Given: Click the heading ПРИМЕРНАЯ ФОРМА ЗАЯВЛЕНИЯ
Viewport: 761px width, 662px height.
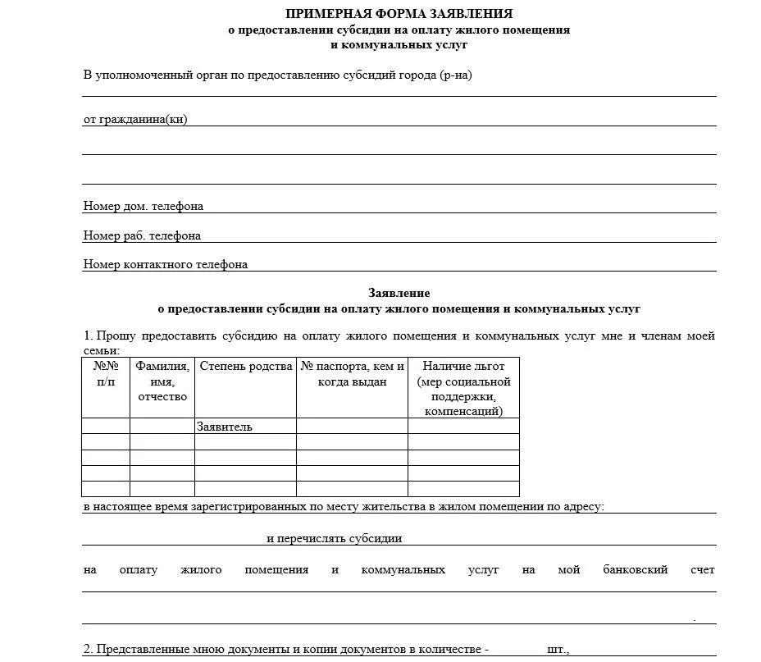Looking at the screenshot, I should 399,13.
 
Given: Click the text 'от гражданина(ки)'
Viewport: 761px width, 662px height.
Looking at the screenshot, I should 135,120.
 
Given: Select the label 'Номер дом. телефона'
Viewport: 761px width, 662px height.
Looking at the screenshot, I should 144,206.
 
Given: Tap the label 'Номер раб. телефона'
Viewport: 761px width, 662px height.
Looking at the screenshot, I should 142,235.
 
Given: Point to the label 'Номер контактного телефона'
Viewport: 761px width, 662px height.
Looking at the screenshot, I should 166,264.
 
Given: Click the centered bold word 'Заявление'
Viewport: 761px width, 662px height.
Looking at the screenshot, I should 399,293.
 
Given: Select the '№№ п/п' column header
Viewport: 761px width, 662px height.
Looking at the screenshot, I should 106,374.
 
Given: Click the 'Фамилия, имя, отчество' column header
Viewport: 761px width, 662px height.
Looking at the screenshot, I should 162,381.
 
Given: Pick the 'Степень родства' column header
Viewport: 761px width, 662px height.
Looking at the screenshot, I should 246,367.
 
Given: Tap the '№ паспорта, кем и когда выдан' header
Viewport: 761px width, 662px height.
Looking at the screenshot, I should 352,374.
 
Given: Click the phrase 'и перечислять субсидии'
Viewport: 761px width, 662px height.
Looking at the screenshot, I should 334,539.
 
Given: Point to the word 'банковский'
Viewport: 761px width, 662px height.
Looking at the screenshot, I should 636,569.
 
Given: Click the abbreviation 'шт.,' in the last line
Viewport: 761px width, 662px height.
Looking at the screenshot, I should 558,649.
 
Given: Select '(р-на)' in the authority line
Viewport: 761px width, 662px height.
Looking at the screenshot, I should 456,75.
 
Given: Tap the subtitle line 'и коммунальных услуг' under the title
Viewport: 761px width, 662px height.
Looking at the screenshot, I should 399,44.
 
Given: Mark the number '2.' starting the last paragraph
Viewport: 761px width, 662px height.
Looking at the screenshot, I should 88,649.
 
